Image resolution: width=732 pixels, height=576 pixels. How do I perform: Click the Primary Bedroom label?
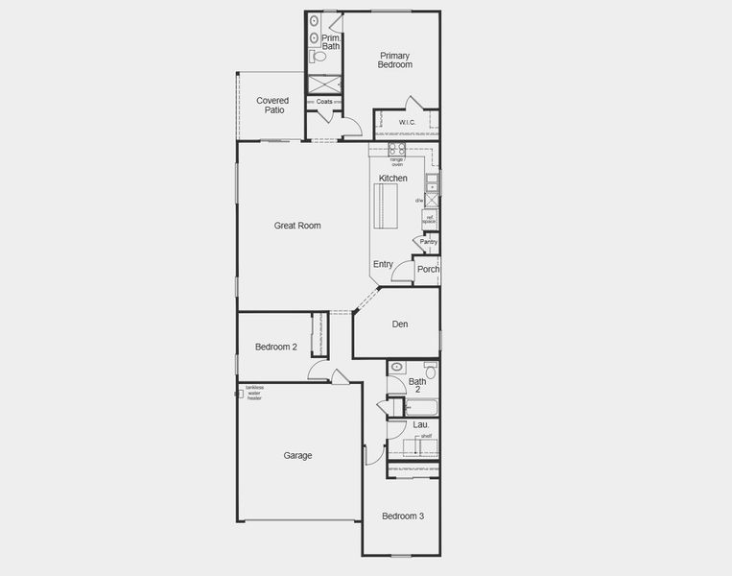tap(394, 60)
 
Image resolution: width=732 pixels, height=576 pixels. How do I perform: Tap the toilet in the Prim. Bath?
tap(319, 57)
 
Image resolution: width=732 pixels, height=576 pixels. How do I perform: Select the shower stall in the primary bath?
tap(324, 83)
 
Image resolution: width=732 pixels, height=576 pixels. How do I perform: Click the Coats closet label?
tap(324, 101)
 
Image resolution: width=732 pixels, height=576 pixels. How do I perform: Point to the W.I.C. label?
tap(408, 122)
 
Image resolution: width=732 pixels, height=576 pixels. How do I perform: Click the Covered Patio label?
tap(272, 105)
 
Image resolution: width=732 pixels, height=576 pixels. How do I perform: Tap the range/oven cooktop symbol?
tap(396, 149)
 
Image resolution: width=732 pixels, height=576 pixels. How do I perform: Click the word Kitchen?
tap(393, 179)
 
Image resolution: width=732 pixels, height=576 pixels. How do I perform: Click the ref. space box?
tap(429, 220)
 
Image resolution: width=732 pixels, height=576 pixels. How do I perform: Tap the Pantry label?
tap(428, 242)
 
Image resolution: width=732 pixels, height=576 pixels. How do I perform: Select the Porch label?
tap(428, 269)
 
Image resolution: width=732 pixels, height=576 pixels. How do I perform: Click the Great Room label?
tap(297, 226)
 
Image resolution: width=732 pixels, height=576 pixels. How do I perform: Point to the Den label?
tap(400, 324)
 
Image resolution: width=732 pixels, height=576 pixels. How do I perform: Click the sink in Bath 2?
tap(397, 367)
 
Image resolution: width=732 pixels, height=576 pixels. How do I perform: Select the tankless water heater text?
tap(254, 393)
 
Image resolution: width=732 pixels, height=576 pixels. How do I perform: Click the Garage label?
tap(297, 455)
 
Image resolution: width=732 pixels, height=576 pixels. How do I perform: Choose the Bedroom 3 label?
tap(403, 516)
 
